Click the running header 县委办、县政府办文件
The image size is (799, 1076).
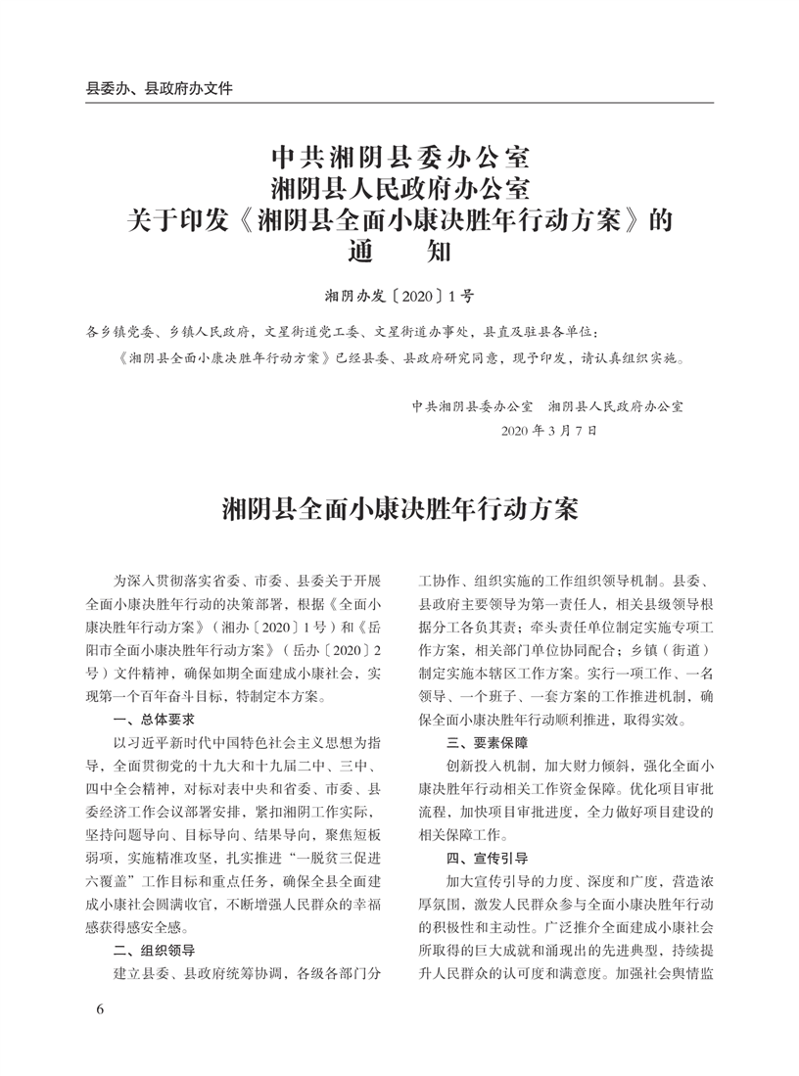[159, 88]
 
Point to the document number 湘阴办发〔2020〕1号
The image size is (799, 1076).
[399, 293]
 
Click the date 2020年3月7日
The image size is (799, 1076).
[548, 430]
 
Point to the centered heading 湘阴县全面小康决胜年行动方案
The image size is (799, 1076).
[399, 509]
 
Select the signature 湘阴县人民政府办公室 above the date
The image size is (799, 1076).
[616, 404]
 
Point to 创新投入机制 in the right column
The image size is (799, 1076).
[493, 765]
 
